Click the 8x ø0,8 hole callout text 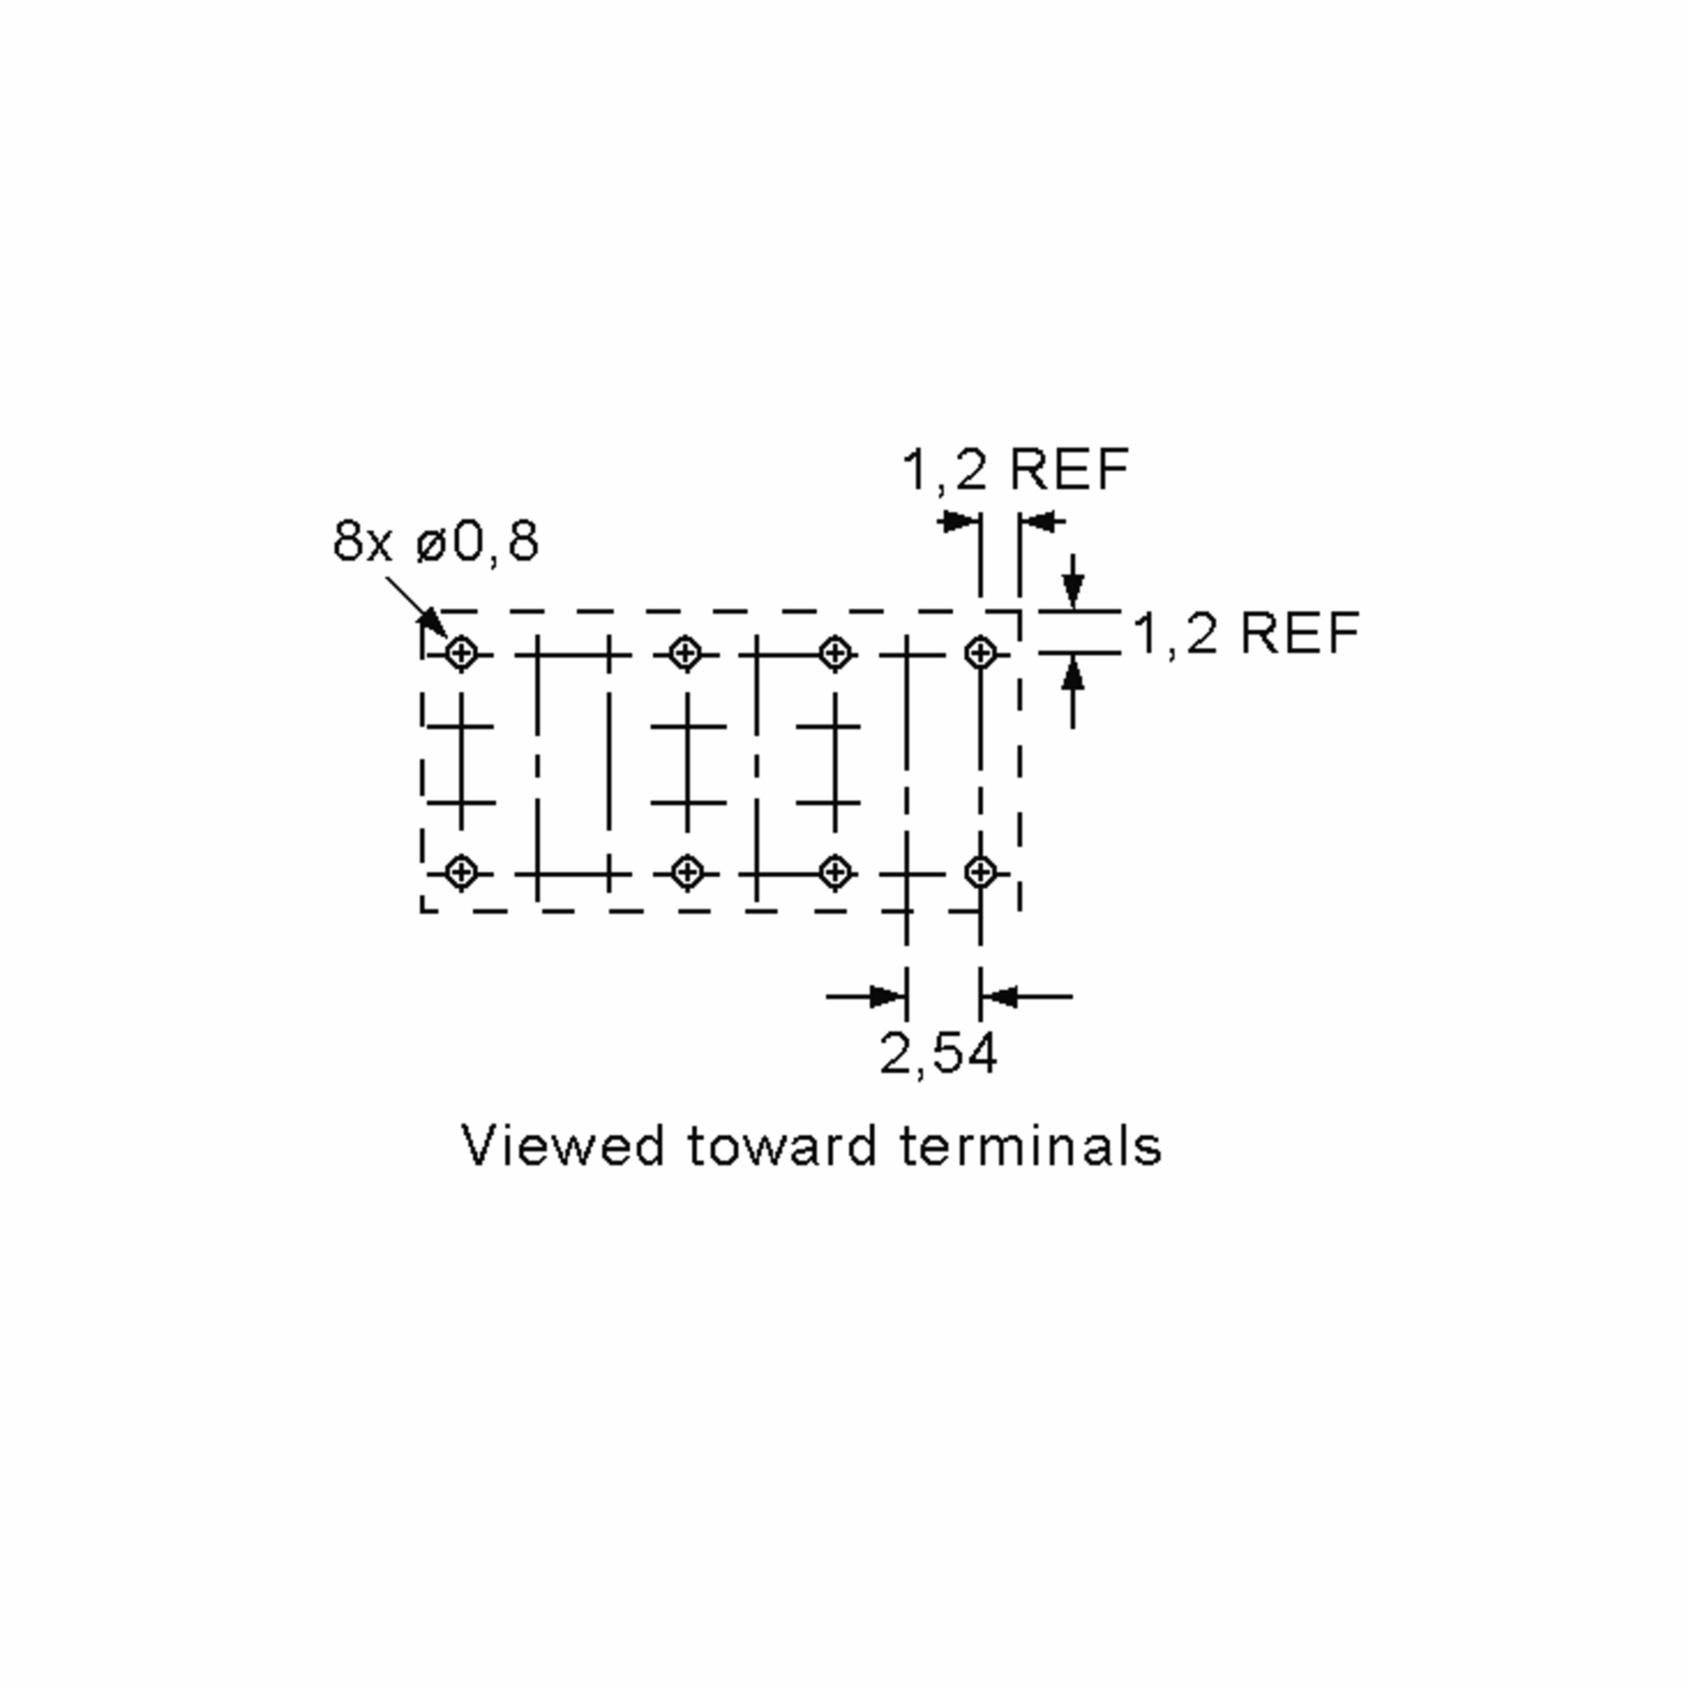tap(436, 541)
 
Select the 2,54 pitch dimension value tap(938, 1054)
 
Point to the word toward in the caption tap(782, 1145)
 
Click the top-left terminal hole tap(462, 653)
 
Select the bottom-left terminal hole tap(462, 873)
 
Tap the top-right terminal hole tap(980, 653)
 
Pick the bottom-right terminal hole tap(980, 873)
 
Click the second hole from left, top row tap(686, 653)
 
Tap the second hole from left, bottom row tap(686, 873)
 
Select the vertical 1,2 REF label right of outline tap(1246, 633)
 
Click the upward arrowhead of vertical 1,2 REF tap(1073, 673)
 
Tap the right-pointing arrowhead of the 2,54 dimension tap(887, 996)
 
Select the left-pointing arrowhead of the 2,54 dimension tap(999, 996)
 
